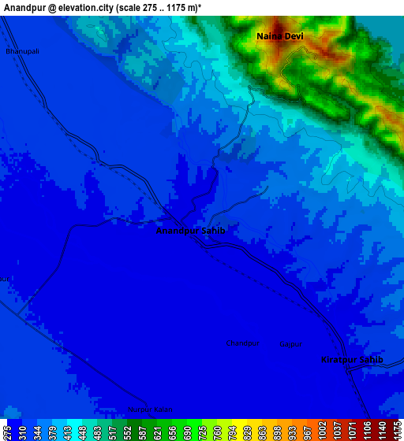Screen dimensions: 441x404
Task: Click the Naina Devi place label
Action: [279, 36]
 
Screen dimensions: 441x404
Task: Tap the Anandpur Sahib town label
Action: [191, 232]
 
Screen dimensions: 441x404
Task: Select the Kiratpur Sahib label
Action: [352, 360]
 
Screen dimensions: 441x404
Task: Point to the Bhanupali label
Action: [22, 51]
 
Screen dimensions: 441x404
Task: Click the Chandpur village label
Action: [243, 343]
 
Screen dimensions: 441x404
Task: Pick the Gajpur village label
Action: [291, 344]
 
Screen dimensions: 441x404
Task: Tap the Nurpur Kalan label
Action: [149, 409]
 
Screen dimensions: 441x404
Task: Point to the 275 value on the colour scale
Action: [7, 432]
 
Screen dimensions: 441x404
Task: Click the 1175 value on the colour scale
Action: [397, 432]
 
